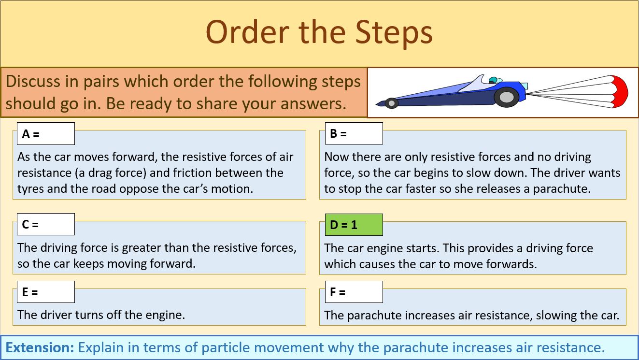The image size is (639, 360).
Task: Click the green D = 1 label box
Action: pyautogui.click(x=354, y=225)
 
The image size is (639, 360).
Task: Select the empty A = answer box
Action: pyautogui.click(x=46, y=134)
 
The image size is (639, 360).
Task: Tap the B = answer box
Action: pyautogui.click(x=354, y=134)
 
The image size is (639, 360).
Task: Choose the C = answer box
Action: pyautogui.click(x=46, y=225)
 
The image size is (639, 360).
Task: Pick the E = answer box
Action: pyautogui.click(x=46, y=292)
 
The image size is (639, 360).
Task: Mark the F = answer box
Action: pyautogui.click(x=354, y=292)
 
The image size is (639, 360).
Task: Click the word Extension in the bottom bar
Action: pyautogui.click(x=40, y=347)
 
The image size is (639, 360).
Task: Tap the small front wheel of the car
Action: pyautogui.click(x=391, y=103)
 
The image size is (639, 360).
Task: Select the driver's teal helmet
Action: pyautogui.click(x=493, y=80)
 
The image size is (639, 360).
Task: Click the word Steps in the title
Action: pyautogui.click(x=394, y=32)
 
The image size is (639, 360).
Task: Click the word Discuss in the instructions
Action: pyautogui.click(x=34, y=81)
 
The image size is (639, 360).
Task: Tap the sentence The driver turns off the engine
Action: pyautogui.click(x=101, y=315)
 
